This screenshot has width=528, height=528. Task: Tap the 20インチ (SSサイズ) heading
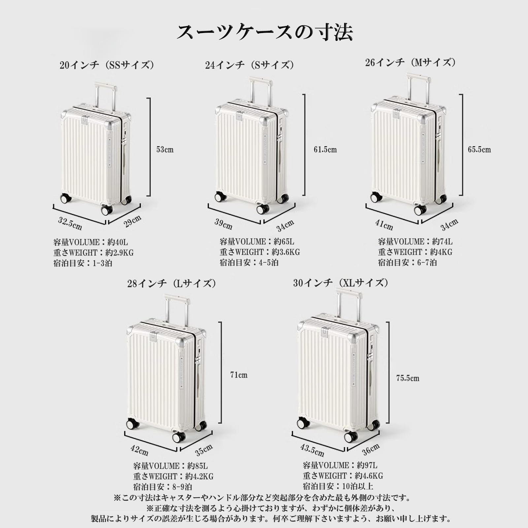tap(107, 65)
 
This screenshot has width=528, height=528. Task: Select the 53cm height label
tap(165, 149)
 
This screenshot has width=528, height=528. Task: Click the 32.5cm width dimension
tap(70, 223)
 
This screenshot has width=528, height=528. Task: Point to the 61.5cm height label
tap(325, 149)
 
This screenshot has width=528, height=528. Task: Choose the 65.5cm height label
tap(479, 149)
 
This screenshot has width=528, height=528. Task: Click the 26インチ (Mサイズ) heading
tap(410, 62)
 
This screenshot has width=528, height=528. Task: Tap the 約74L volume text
tap(442, 242)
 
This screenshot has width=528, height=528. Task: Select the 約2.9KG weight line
tap(93, 253)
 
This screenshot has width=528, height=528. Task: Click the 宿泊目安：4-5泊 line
tap(249, 263)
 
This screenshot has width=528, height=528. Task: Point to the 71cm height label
tap(239, 375)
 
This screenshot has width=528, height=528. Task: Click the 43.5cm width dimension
tap(312, 449)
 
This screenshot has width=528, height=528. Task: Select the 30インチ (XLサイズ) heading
tap(341, 283)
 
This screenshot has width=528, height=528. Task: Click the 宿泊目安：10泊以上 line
tap(338, 486)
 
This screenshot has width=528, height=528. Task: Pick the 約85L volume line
tap(170, 466)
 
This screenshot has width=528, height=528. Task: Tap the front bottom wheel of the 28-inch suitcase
tap(179, 438)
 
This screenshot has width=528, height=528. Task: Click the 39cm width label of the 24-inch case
tap(223, 224)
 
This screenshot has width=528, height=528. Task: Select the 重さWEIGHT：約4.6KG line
tap(343, 476)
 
